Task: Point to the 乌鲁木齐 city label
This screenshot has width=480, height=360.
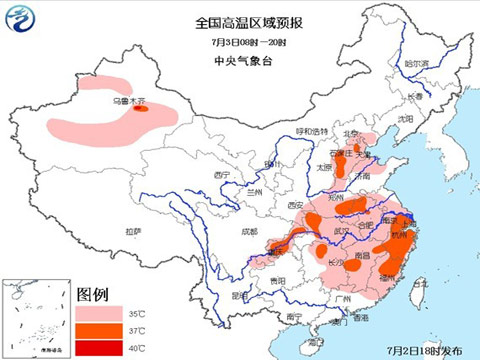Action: pos(129,101)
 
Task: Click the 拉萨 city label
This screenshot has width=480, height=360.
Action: pos(133,231)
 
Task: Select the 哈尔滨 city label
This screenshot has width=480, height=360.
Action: pos(416,63)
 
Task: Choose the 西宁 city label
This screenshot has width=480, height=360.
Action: pos(221,175)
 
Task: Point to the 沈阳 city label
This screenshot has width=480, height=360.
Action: pos(405,118)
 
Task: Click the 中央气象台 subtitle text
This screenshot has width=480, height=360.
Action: pos(240,60)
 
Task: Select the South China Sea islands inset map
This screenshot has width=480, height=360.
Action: pos(36,317)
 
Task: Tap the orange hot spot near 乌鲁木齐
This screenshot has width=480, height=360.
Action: pos(142,111)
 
